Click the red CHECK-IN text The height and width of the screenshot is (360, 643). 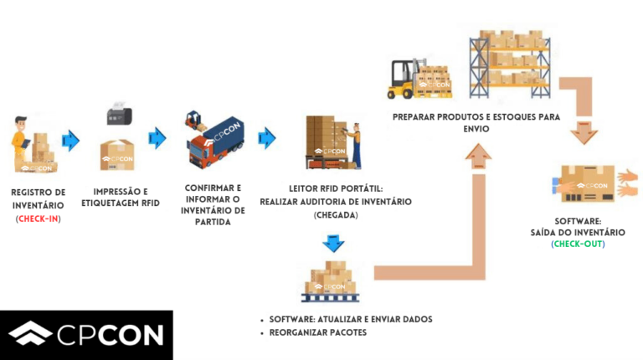coord(39,219)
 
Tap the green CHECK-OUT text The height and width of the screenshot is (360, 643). coord(577,244)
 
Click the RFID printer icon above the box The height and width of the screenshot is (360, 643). coord(117,114)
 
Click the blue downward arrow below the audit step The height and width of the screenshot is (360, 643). coord(334,244)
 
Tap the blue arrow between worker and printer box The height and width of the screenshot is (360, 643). coord(71,140)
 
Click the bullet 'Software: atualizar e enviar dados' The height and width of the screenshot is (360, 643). coord(350,320)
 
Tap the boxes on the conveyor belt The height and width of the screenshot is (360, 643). coord(334,280)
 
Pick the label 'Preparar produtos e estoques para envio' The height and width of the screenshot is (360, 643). coord(476,123)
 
